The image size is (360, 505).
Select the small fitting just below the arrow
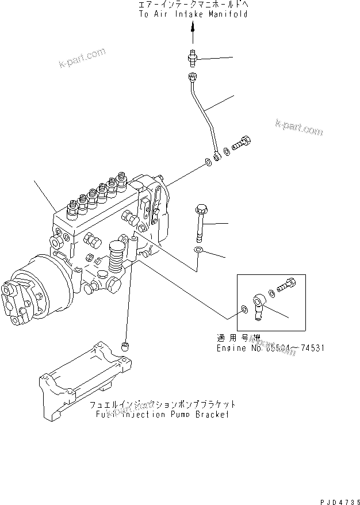pyautogui.click(x=193, y=57)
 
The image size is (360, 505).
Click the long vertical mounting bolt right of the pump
pyautogui.click(x=200, y=221)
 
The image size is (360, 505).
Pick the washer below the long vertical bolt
pyautogui.click(x=198, y=250)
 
